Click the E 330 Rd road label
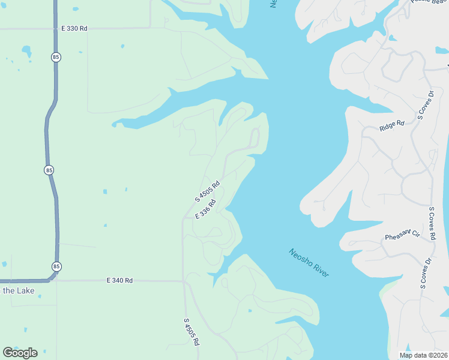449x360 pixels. pos(74,28)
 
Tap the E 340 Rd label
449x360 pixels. pos(119,280)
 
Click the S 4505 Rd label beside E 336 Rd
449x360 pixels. pos(208,191)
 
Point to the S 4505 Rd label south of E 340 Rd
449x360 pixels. pos(191,331)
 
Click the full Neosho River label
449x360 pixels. pos(309,263)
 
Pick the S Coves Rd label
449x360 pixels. pos(432,223)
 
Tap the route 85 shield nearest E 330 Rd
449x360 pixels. pos(55,57)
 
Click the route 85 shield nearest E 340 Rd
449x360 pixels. pos(56,266)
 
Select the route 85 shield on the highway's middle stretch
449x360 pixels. pos(49,170)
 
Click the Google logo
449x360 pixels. pos(20,352)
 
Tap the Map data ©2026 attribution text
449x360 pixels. pos(423,355)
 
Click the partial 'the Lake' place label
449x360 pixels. pos(18,291)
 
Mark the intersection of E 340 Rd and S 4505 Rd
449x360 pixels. pos(183,280)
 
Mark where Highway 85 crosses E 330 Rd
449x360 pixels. pos(55,28)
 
